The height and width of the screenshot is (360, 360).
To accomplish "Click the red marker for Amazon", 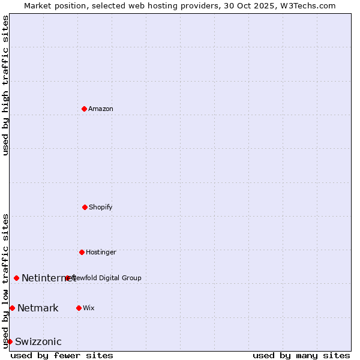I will (84, 109).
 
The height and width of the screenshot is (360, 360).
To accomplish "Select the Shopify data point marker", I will (85, 207).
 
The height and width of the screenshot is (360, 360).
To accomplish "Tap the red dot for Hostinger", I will (82, 252).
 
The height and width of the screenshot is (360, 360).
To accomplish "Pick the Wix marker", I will (79, 308).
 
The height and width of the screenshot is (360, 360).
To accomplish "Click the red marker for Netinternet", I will (16, 278).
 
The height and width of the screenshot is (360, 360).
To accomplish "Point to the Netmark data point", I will (12, 308).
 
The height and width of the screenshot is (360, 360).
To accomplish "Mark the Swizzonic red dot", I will (10, 341).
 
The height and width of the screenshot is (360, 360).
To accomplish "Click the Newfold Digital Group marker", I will (68, 278).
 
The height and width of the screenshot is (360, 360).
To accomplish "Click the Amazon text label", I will (101, 109).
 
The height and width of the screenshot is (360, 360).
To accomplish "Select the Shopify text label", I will (101, 207).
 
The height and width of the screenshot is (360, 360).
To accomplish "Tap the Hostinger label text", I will (101, 252).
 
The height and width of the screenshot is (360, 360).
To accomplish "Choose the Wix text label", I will (89, 308).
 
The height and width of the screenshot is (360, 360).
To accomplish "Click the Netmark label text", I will (38, 308).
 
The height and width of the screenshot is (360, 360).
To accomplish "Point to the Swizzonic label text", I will (38, 341).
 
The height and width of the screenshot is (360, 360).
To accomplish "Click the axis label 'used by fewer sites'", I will (62, 355).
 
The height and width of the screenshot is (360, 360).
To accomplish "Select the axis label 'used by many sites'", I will (301, 355).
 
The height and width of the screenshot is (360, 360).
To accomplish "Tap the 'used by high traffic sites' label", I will (6, 85).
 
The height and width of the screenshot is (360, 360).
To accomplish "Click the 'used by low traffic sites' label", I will (6, 280).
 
